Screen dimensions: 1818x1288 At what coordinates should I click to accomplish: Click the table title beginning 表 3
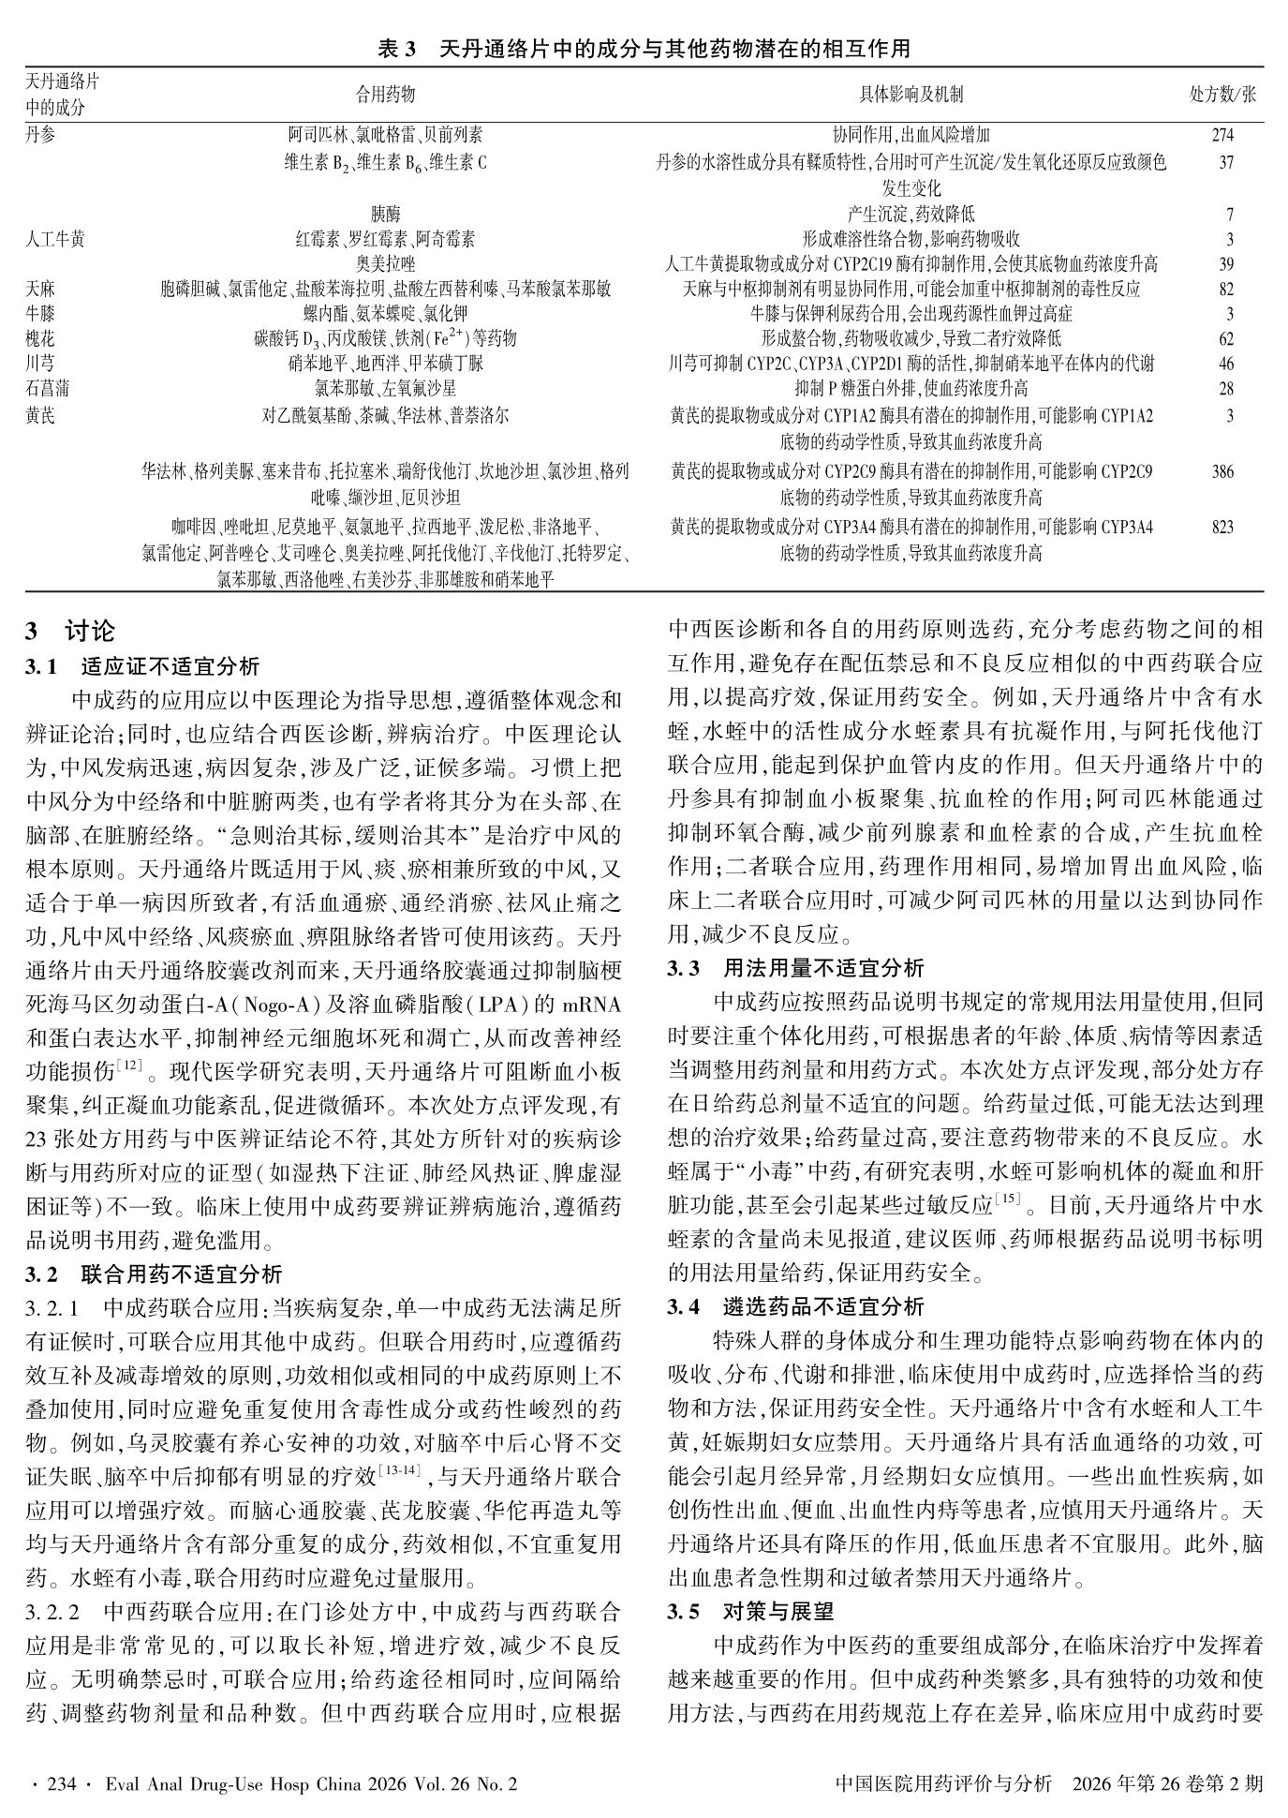(x=644, y=50)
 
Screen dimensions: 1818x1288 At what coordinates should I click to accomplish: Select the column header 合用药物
(x=385, y=95)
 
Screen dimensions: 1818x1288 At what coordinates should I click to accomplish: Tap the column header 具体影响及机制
(x=910, y=95)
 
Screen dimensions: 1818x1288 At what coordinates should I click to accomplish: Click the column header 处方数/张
(x=1222, y=95)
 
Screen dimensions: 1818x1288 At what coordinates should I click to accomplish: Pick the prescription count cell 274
(x=1222, y=136)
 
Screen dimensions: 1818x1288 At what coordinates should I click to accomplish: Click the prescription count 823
(x=1222, y=528)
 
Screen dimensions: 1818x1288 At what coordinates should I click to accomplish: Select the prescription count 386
(x=1222, y=472)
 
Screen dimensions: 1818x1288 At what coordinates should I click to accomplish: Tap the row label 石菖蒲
(x=47, y=388)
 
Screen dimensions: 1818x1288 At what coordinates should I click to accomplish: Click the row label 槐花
(x=39, y=338)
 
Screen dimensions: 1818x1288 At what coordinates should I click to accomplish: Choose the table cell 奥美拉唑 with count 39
(x=385, y=264)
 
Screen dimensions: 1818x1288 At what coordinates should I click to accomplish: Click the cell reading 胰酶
(x=385, y=215)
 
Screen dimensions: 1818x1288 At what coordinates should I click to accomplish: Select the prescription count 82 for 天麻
(x=1226, y=290)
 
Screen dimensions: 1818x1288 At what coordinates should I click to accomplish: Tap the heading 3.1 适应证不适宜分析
(x=142, y=667)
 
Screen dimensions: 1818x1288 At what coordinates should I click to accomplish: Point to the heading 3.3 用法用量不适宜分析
(x=795, y=967)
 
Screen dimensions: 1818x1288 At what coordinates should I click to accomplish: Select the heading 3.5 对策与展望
(x=750, y=1612)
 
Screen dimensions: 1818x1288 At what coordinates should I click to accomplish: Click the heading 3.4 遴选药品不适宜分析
(x=795, y=1306)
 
